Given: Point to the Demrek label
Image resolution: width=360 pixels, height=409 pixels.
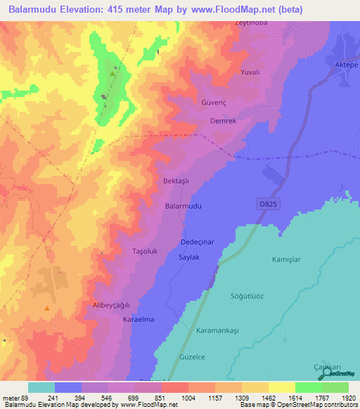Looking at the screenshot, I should click(x=224, y=121).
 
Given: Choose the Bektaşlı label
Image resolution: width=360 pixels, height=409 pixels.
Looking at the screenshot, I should click(x=177, y=181).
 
